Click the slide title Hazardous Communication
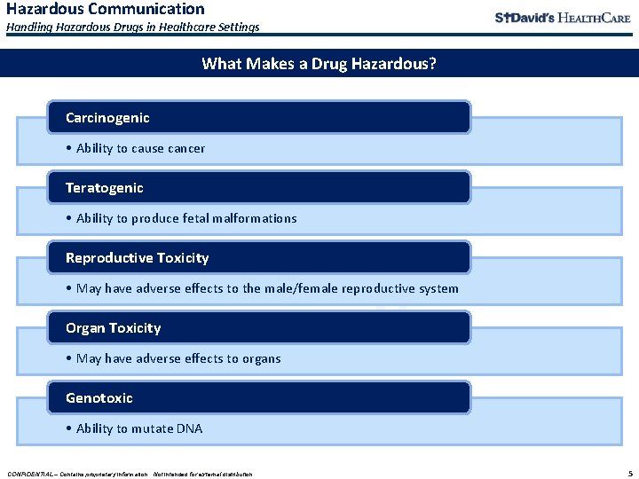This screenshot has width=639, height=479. click(x=106, y=10)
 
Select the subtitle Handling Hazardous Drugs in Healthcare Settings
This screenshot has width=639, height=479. click(x=133, y=27)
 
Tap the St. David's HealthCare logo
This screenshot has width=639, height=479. click(x=563, y=19)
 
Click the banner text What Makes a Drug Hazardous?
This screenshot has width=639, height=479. click(x=319, y=64)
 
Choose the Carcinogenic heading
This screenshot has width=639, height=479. click(x=107, y=118)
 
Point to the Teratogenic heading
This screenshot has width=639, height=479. click(x=104, y=188)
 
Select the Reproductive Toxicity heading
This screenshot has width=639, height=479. click(x=137, y=258)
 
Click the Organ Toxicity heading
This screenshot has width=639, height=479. click(x=113, y=328)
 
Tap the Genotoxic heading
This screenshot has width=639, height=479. click(x=99, y=398)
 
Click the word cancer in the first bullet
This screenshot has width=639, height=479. click(x=186, y=149)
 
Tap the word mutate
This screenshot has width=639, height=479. click(x=152, y=428)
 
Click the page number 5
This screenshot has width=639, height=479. click(x=628, y=473)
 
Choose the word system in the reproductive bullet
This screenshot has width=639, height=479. click(x=438, y=288)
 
